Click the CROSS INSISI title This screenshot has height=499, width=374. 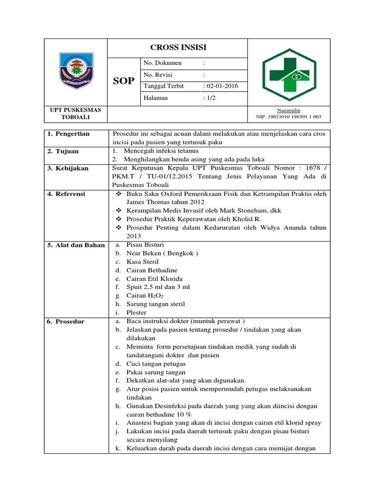pyautogui.click(x=178, y=48)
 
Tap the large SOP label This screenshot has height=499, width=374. pyautogui.click(x=124, y=81)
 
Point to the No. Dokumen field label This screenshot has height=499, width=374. pyautogui.click(x=162, y=63)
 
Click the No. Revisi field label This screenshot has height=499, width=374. pyautogui.click(x=158, y=75)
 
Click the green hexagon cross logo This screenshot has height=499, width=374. pyautogui.click(x=289, y=75)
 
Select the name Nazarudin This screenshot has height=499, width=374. pyautogui.click(x=289, y=111)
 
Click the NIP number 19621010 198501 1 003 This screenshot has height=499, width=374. pyautogui.click(x=289, y=117)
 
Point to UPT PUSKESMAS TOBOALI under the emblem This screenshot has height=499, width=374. pyautogui.click(x=75, y=114)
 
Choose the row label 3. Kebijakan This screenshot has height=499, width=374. pyautogui.click(x=68, y=168)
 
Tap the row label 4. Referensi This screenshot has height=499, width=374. pyautogui.click(x=68, y=194)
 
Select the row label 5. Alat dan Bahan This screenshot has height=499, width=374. pyautogui.click(x=76, y=245)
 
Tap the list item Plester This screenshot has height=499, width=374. pyautogui.click(x=136, y=313)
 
